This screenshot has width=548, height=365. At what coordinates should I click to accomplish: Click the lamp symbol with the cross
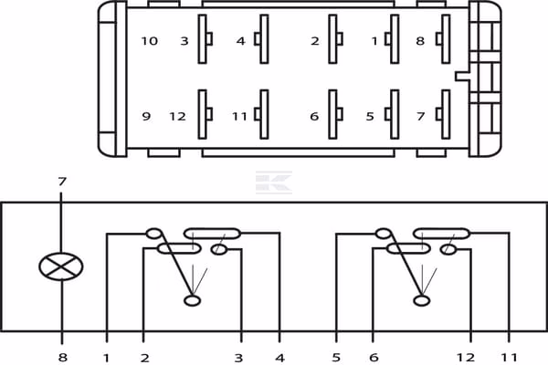coord(61,266)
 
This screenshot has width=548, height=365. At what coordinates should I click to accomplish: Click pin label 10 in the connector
coord(149,41)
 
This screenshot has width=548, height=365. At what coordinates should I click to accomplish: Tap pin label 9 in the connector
coord(146,116)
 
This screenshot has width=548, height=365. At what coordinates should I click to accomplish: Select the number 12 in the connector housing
coord(177,116)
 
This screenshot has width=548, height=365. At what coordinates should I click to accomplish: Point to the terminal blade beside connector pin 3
coord(205,38)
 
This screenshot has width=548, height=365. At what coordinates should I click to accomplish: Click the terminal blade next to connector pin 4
coord(262,38)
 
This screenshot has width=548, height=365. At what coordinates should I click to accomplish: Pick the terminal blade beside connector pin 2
coord(335,38)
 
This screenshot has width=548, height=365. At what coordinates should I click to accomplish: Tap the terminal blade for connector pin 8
coord(444,38)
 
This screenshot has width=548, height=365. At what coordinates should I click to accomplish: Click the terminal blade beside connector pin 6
coord(335,114)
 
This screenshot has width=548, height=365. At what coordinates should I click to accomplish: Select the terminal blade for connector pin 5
coord(393,114)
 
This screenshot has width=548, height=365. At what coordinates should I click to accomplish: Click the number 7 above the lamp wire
coord(62,182)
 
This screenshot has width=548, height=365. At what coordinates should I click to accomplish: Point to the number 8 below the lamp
coord(62,358)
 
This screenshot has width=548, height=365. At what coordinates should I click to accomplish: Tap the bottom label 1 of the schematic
coord(107,358)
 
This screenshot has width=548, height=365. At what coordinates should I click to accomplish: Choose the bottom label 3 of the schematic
coord(238,358)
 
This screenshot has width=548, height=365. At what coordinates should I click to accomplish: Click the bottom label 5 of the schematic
coord(336,358)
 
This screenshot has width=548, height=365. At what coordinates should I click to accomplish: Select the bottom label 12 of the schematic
coord(466,358)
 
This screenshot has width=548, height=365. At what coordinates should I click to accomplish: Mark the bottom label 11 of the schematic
coord(509,358)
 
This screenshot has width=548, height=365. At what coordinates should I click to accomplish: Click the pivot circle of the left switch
coord(192,300)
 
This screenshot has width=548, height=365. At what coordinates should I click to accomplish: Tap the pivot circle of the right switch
coord(422,300)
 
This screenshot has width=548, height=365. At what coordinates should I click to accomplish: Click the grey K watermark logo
coord(274,182)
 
